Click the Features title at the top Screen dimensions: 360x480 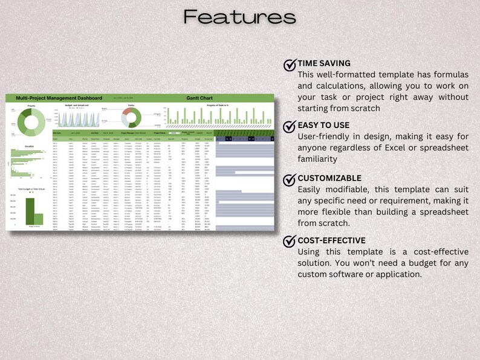pyautogui.click(x=239, y=17)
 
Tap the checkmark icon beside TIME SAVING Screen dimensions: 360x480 pyautogui.click(x=290, y=65)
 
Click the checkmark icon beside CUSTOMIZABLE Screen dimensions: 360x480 pyautogui.click(x=290, y=179)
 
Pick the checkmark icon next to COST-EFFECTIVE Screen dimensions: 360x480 pyautogui.click(x=290, y=242)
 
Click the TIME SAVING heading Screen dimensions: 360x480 pyautogui.click(x=324, y=63)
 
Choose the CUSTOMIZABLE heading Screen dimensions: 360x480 pyautogui.click(x=329, y=178)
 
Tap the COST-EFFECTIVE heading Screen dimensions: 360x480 pyautogui.click(x=331, y=240)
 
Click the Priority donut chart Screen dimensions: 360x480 pyautogui.click(x=31, y=121)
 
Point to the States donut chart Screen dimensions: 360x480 pyautogui.click(x=131, y=117)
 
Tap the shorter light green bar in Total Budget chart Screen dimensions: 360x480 pyautogui.click(x=39, y=219)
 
